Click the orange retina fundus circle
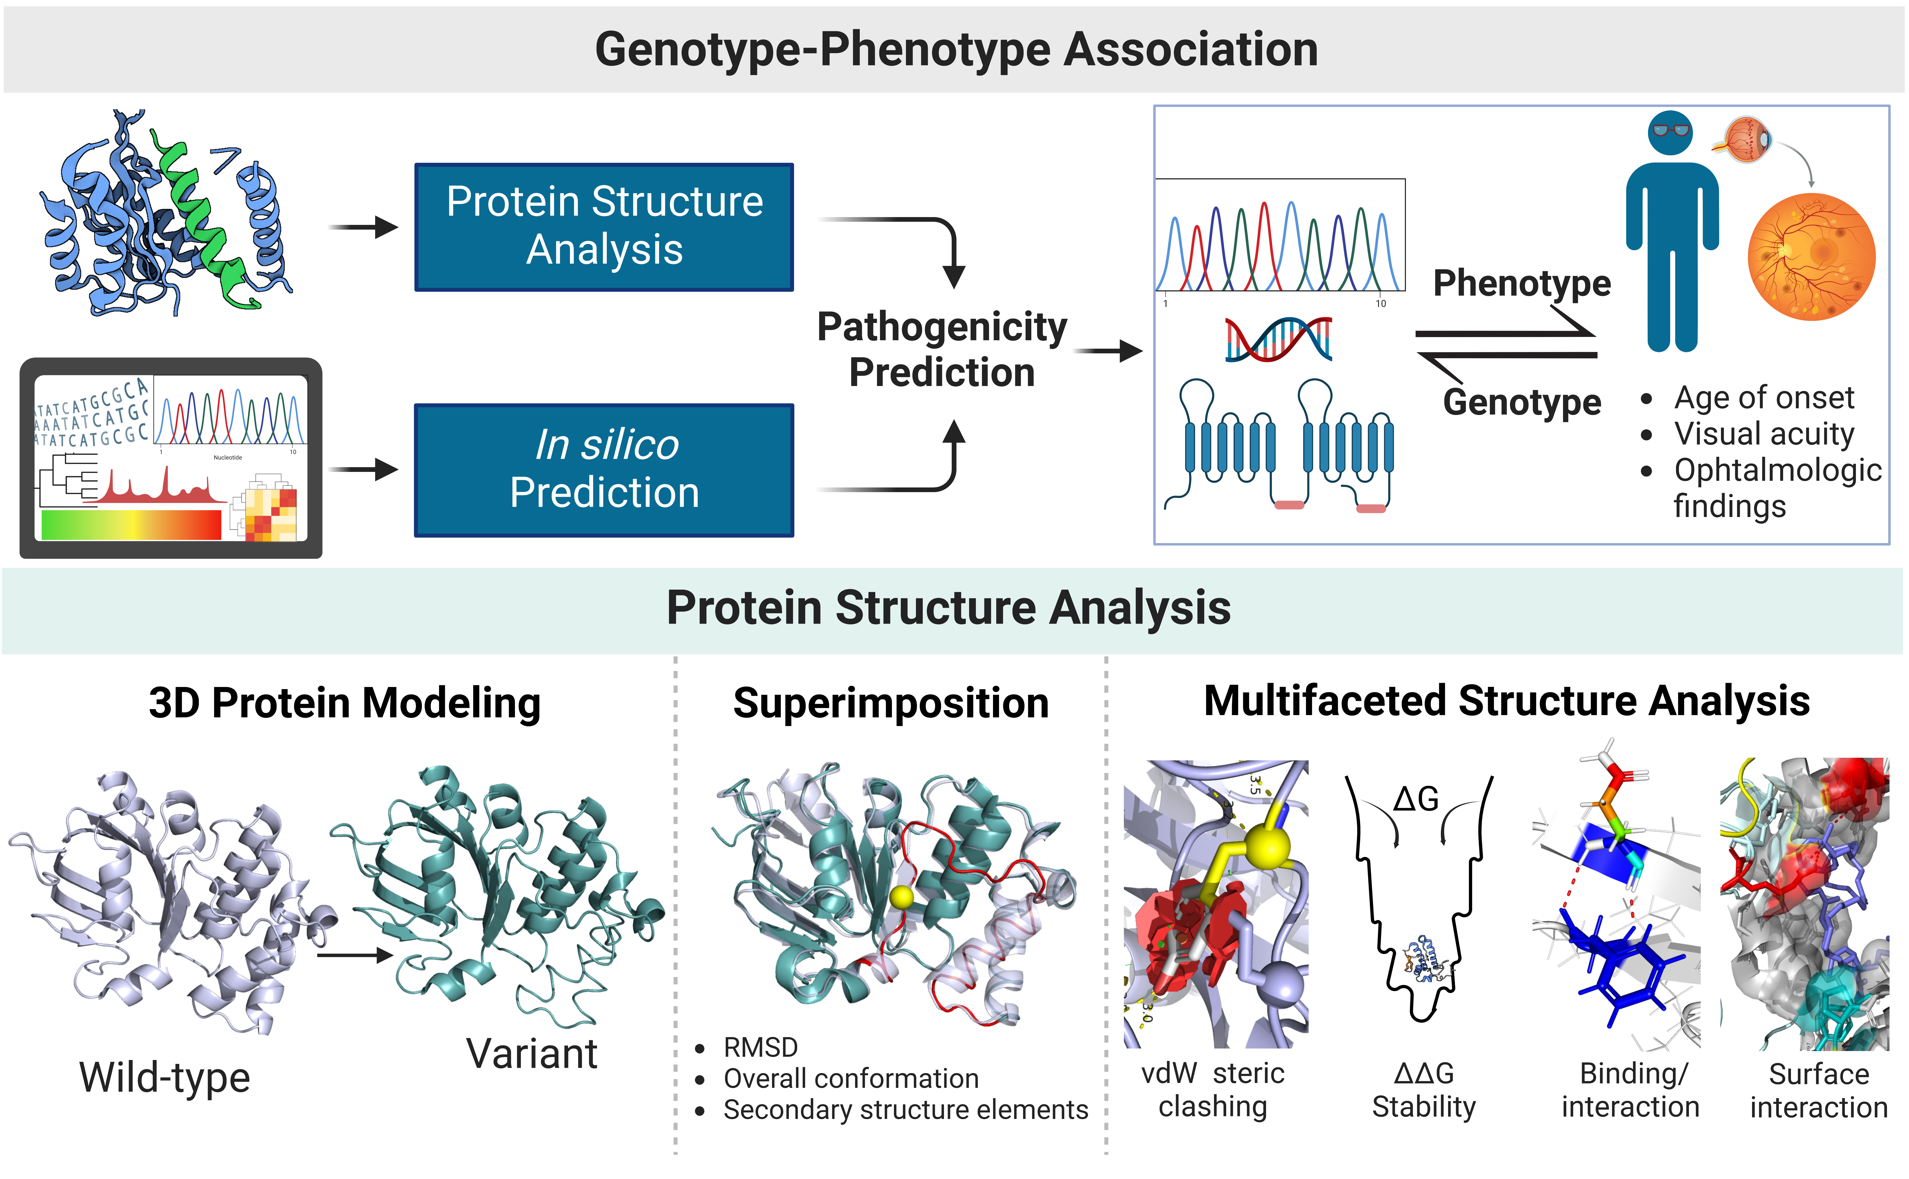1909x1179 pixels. (1812, 257)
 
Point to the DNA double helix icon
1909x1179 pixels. (1278, 339)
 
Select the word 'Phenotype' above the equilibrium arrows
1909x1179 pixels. (1521, 283)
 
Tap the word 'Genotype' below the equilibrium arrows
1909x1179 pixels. (1521, 402)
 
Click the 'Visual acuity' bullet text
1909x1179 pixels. (1764, 434)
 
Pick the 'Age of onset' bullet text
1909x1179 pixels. (1764, 398)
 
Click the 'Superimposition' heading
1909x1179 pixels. (891, 703)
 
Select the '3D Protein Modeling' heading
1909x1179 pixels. (345, 703)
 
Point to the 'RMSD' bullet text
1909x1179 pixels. (761, 1047)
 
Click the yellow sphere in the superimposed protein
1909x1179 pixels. (901, 897)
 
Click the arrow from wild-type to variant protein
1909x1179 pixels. (355, 955)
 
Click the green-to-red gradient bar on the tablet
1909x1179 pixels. (131, 524)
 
